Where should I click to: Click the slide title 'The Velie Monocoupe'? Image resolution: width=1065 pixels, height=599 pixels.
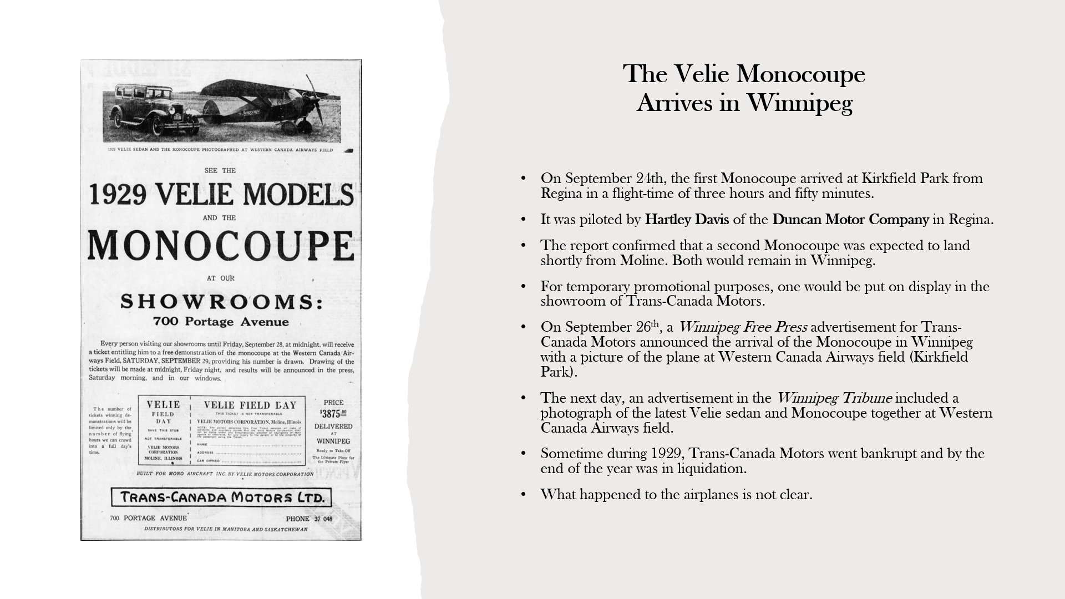[x=744, y=74]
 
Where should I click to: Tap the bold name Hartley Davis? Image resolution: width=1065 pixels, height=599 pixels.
[x=686, y=220]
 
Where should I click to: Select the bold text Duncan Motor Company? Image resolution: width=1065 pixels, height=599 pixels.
[x=850, y=220]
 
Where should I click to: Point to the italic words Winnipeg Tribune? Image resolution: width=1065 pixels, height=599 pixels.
[x=834, y=398]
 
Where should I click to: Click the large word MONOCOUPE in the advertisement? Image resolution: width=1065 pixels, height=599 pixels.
[x=221, y=245]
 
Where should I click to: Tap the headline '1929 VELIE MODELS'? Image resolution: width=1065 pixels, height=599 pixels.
[x=221, y=195]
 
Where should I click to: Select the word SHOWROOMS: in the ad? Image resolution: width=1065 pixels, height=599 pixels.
[x=221, y=302]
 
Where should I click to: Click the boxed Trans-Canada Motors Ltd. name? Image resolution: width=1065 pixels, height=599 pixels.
[x=221, y=497]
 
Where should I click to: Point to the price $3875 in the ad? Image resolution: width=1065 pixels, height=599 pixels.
[x=333, y=413]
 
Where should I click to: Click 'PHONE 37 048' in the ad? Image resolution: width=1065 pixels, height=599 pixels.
[x=309, y=519]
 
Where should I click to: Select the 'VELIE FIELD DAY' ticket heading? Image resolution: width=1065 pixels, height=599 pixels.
[x=250, y=405]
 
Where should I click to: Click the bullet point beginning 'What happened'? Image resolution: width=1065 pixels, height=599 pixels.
[x=676, y=494]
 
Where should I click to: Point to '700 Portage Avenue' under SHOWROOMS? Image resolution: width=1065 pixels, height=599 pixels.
[x=221, y=322]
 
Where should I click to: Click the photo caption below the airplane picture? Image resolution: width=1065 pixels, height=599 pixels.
[x=221, y=150]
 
